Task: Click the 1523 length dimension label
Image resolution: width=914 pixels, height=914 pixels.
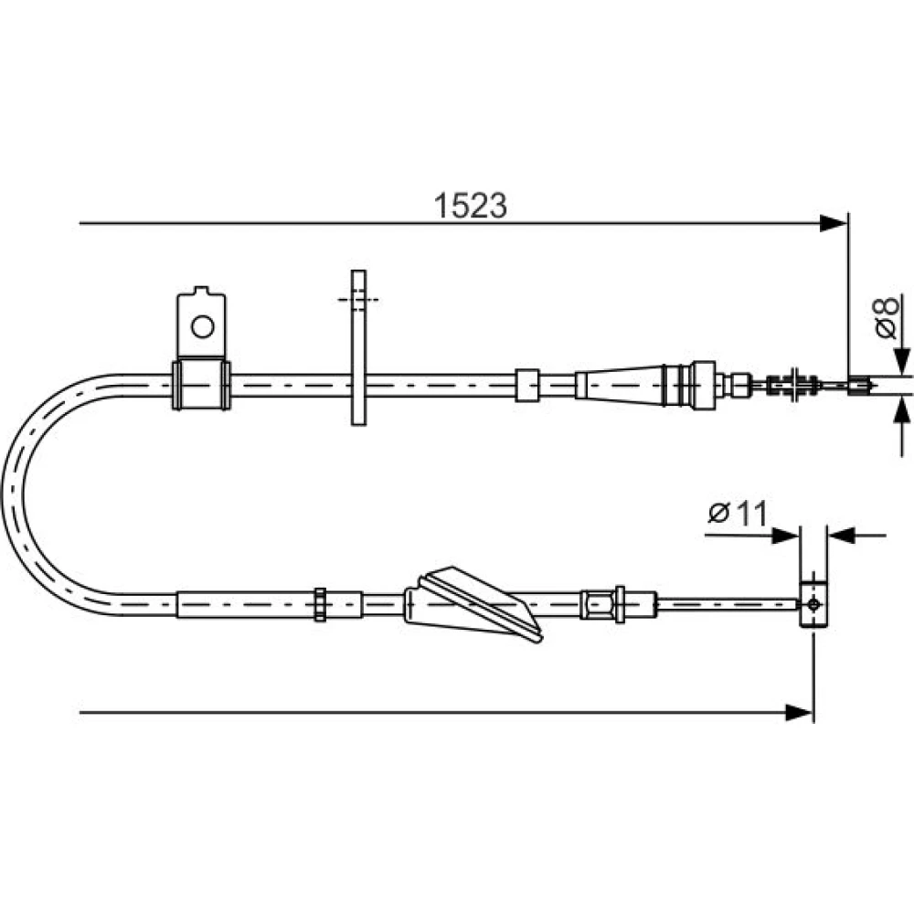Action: pyautogui.click(x=471, y=206)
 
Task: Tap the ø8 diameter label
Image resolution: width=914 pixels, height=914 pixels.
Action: pyautogui.click(x=887, y=317)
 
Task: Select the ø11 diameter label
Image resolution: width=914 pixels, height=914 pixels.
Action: pyautogui.click(x=738, y=514)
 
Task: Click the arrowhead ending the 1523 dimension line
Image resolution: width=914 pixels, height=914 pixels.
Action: pyautogui.click(x=834, y=223)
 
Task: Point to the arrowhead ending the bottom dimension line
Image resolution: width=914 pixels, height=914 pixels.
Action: pyautogui.click(x=799, y=712)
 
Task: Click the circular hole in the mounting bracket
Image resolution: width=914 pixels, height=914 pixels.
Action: pyautogui.click(x=202, y=326)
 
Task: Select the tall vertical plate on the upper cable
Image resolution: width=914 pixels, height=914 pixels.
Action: pyautogui.click(x=358, y=347)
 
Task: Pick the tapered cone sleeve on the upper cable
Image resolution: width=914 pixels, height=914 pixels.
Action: pyautogui.click(x=621, y=384)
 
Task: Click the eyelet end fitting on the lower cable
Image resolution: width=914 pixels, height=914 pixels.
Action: pyautogui.click(x=813, y=604)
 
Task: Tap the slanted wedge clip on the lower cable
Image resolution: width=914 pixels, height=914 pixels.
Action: pyautogui.click(x=473, y=604)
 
